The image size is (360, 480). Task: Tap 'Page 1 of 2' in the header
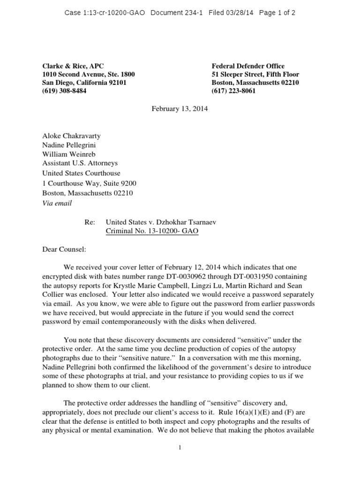click(277, 13)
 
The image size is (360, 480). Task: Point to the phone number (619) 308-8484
click(64, 91)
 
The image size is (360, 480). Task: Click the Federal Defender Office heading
click(248, 66)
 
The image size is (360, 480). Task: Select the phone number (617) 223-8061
click(233, 91)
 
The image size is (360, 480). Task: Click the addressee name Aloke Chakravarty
click(71, 136)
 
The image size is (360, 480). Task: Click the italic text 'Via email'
click(57, 203)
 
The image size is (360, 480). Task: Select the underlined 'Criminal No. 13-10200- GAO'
click(152, 232)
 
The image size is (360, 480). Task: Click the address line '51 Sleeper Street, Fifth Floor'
click(255, 75)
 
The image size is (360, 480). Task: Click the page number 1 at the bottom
click(180, 448)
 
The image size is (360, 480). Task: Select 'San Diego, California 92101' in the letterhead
click(84, 82)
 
